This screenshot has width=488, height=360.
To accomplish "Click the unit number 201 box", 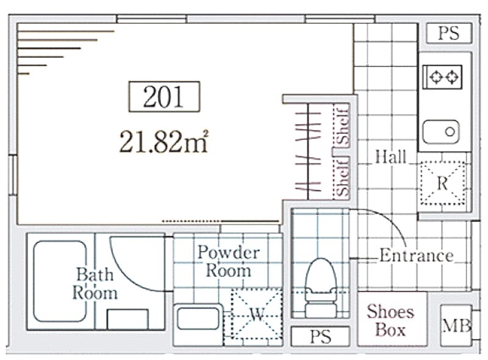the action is point(164,96).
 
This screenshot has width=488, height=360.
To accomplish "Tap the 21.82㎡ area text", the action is point(163,142).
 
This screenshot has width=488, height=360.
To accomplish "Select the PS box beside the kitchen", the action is point(449,33).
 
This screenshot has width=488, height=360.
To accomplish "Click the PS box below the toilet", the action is point(320,336).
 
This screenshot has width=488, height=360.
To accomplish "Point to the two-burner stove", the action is point(442,77).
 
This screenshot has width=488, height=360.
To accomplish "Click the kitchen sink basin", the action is point(440,132).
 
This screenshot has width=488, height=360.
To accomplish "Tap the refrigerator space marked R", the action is point(443,183).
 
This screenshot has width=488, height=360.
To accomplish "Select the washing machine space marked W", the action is point(257,314).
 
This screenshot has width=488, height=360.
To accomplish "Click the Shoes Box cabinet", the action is point(392,319).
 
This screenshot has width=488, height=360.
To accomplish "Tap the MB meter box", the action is point(456,325).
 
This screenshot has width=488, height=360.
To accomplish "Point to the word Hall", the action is point(390,157).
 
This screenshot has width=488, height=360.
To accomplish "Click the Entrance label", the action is point(417,256).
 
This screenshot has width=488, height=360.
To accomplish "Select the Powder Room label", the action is point(229,261).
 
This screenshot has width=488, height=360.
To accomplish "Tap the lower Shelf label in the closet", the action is point(342,176).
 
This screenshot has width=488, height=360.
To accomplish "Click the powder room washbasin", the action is point(198,319).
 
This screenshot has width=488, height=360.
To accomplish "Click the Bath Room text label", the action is point(95,284).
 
